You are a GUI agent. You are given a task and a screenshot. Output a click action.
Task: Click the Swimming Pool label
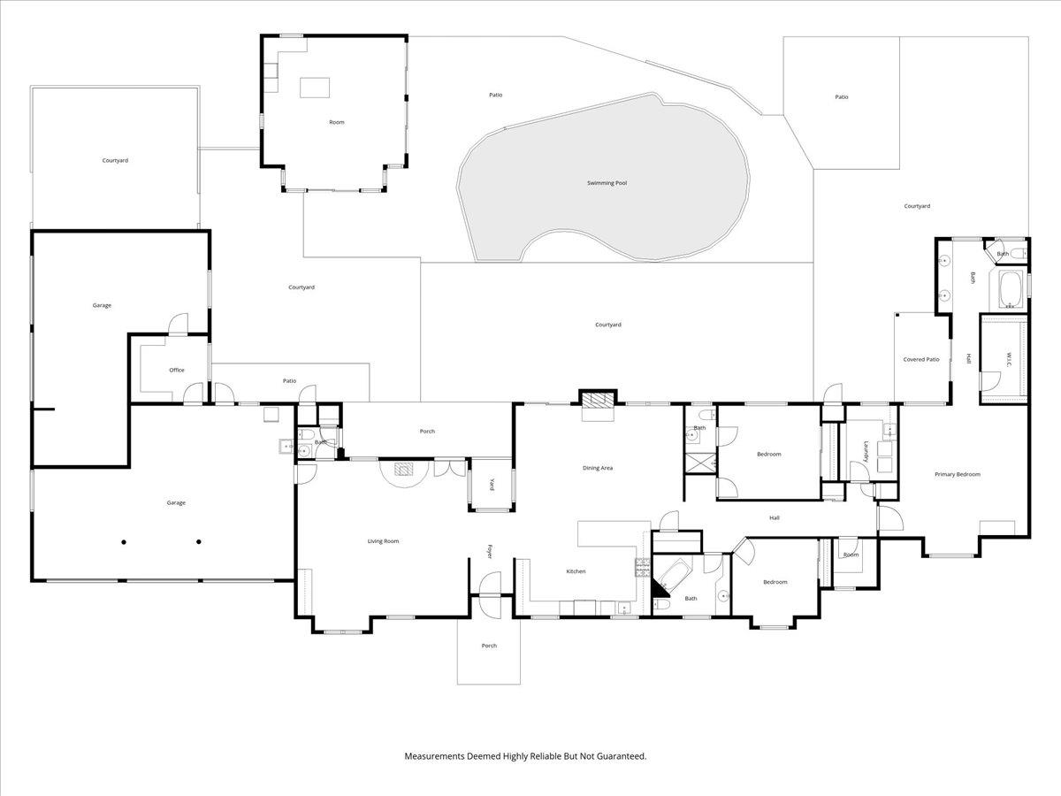607,183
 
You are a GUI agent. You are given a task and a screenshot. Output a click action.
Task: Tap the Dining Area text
598,468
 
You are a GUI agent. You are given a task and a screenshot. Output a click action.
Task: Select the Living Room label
383,541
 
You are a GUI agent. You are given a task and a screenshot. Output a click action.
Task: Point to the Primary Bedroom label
957,475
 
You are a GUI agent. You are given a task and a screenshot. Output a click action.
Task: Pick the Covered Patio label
920,360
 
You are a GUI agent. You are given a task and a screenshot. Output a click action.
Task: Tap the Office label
177,371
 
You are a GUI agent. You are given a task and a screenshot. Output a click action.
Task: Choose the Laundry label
866,451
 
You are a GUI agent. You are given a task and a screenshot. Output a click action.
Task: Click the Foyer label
489,552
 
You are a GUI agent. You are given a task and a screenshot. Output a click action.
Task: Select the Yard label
492,485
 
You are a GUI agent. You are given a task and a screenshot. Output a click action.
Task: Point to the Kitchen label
576,571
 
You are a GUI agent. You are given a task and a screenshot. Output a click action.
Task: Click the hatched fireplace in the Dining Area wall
598,400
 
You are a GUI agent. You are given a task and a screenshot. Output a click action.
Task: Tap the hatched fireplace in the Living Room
403,470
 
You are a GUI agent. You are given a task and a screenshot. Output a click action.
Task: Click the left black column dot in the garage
124,542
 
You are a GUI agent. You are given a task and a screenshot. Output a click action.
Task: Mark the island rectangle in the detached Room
315,88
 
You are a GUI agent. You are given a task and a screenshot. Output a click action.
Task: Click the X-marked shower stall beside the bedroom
700,463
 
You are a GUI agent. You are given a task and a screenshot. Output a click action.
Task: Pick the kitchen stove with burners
643,568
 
